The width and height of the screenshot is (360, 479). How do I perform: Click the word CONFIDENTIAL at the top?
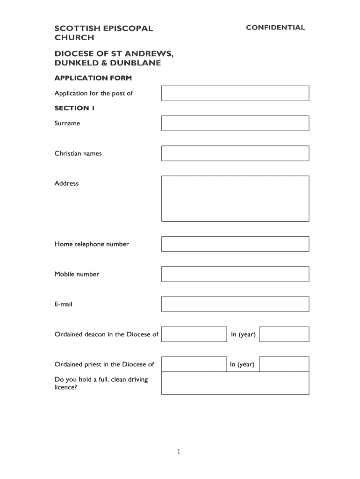point(275,28)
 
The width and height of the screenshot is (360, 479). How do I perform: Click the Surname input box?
point(235,123)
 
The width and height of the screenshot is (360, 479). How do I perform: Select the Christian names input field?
point(235,153)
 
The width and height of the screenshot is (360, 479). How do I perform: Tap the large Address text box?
point(235,198)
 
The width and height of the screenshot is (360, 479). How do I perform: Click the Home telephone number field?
point(235,244)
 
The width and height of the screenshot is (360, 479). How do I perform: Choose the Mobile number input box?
point(235,274)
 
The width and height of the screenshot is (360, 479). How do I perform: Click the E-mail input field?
point(235,304)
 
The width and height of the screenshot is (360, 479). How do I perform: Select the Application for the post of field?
point(235,93)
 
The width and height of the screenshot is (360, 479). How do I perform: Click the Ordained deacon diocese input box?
point(194,334)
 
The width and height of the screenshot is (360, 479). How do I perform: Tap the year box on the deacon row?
point(284,334)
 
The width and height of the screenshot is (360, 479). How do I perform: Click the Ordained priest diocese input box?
point(194,364)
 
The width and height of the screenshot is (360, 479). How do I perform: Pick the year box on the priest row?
point(284,364)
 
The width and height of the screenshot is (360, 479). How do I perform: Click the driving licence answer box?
point(235,384)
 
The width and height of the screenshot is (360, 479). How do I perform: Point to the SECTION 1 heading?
point(74,108)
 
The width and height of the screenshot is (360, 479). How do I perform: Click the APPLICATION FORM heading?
point(93,78)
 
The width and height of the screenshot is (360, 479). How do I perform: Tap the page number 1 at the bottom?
point(180,452)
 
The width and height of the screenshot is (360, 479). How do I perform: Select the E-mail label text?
point(64,304)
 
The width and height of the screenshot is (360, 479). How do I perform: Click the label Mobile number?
point(77,274)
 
